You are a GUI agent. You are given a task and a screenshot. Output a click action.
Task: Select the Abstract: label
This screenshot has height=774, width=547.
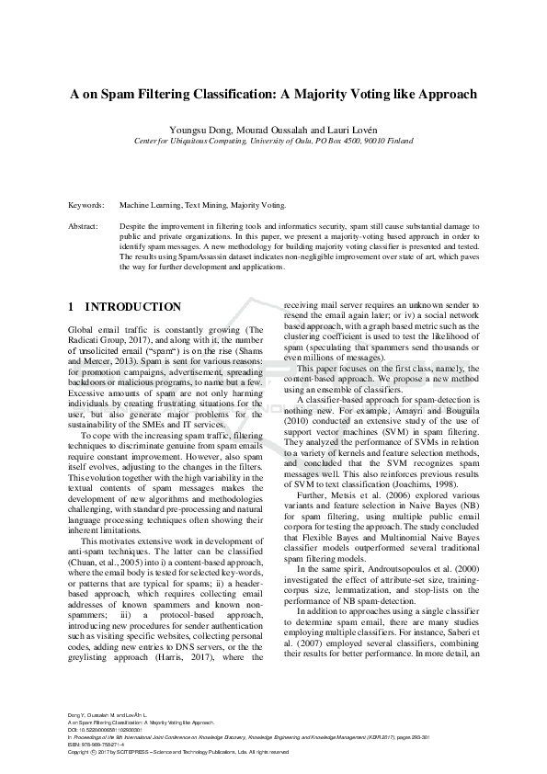pos(85,225)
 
